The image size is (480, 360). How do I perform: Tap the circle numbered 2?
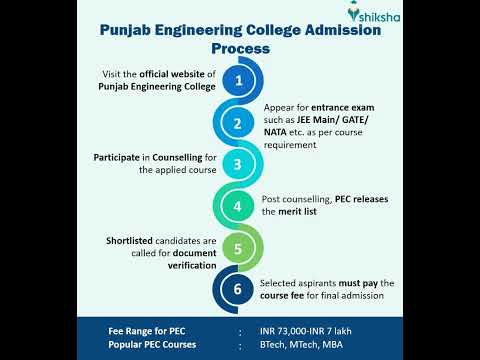coord(238,124)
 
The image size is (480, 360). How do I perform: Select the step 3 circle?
coord(238,165)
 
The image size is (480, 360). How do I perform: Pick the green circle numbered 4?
coord(238,207)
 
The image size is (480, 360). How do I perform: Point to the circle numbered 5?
coord(238,248)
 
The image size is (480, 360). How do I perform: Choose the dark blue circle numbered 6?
coord(238,289)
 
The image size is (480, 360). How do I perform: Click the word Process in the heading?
coord(240,47)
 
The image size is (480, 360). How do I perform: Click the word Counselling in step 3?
coord(180,158)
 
